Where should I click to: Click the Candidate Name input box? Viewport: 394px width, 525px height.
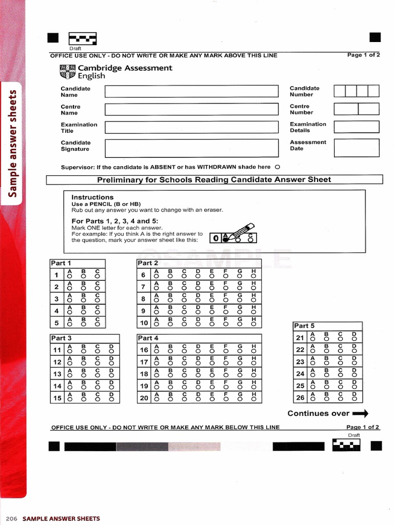coord(192,91)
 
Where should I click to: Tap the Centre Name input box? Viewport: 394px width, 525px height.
coord(192,109)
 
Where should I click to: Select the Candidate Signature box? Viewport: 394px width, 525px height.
coord(192,148)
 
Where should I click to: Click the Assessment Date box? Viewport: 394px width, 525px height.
coord(356,148)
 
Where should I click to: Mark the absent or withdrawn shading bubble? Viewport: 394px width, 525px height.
coord(278,167)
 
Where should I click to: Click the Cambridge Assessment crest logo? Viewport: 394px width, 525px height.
coord(67,72)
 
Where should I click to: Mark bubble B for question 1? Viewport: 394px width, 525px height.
coord(83,276)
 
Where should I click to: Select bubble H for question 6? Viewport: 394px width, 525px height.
coord(253,276)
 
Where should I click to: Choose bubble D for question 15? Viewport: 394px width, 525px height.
coord(111,399)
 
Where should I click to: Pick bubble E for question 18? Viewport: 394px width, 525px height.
coord(211,375)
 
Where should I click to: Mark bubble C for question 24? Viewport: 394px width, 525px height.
coord(340,375)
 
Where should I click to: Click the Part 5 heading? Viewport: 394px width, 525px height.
coord(304,326)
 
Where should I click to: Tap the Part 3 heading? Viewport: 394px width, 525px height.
coord(61,338)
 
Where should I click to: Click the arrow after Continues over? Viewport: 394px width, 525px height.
coord(361,413)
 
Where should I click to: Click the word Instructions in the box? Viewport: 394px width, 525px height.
coord(92,197)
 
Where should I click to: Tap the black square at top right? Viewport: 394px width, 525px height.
coord(375,37)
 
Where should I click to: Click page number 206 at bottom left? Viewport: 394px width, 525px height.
coord(12,518)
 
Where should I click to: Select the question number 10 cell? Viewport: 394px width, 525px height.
coord(144,322)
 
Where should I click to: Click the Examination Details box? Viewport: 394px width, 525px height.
coord(356,127)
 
